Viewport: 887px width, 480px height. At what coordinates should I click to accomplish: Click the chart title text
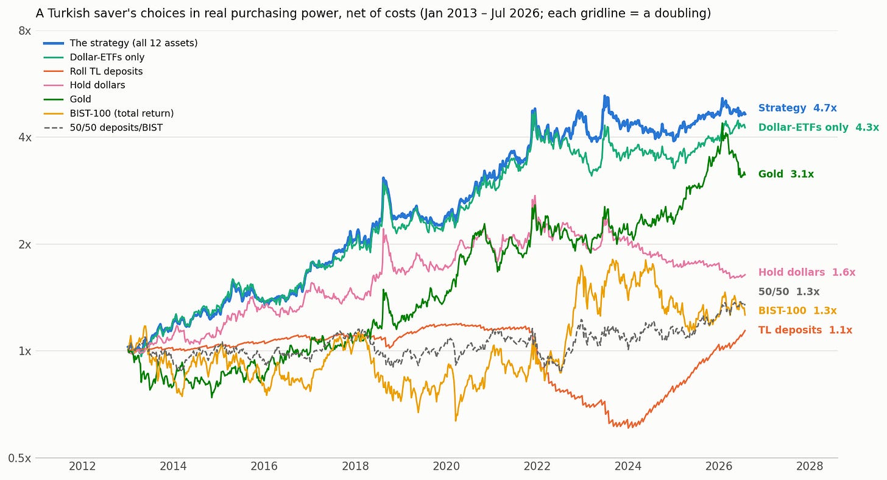point(373,13)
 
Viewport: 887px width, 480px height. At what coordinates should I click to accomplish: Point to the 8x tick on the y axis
point(24,31)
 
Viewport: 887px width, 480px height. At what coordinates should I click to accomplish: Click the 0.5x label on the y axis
point(19,458)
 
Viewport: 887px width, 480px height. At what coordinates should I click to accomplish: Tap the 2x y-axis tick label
point(24,245)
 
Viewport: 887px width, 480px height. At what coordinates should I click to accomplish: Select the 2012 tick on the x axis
point(82,466)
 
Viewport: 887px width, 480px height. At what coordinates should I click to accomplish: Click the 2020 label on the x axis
point(447,466)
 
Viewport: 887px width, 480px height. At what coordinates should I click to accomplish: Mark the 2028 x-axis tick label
point(810,466)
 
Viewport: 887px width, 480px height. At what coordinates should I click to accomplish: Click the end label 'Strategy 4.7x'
point(797,108)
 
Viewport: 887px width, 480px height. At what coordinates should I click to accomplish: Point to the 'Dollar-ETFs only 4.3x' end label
point(819,127)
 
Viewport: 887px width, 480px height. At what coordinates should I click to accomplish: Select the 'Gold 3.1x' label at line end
point(786,174)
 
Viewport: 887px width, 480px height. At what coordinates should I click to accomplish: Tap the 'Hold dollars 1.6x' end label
point(807,272)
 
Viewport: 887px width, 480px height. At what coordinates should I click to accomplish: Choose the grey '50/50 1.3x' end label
point(789,292)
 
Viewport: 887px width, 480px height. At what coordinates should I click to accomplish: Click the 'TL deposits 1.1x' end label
point(805,330)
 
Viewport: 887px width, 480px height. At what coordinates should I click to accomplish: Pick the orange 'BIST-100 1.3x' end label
point(797,311)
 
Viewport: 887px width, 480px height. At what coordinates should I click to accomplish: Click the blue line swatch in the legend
point(54,43)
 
